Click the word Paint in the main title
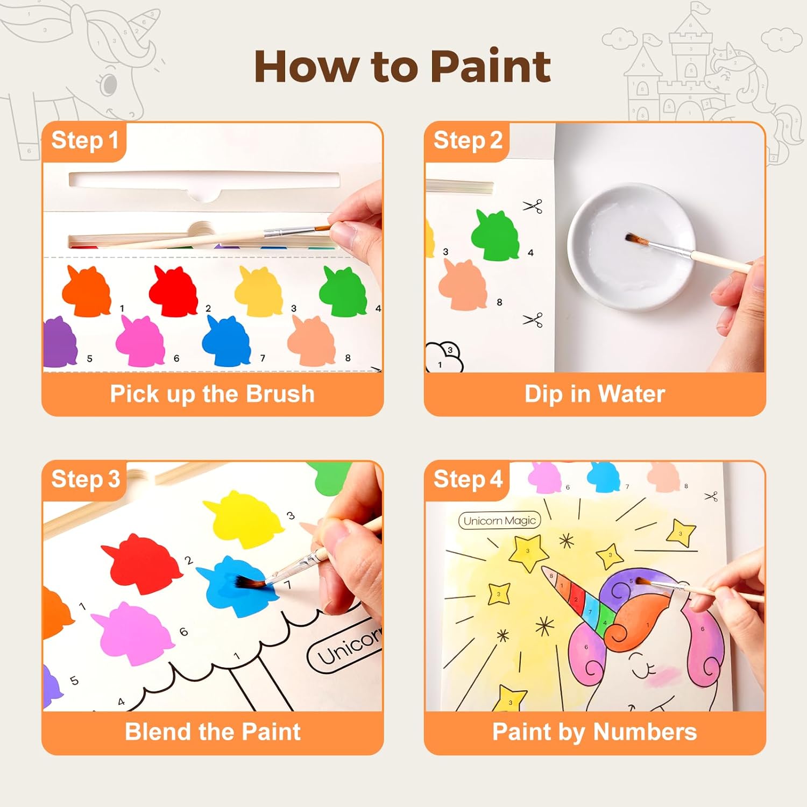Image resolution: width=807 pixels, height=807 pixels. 491,67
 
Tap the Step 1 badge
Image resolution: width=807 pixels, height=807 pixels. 84,141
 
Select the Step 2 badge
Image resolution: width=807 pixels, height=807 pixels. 467,141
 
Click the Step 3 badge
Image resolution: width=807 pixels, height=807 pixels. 84,480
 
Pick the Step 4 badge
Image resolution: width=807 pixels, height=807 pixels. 467,480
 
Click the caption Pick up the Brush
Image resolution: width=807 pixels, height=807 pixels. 213,394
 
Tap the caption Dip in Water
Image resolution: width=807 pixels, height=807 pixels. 595,394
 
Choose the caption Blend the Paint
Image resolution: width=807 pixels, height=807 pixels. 213,732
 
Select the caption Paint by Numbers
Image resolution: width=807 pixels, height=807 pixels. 595,732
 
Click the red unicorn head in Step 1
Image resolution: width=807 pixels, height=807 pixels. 173,291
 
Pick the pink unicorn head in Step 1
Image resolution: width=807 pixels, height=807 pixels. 140,341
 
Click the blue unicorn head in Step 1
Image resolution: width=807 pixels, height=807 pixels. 226,341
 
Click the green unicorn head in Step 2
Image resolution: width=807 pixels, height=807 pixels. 495,235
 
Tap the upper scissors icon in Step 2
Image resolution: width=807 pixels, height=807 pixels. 533,206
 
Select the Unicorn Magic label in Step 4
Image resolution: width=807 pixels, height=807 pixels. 499,520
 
